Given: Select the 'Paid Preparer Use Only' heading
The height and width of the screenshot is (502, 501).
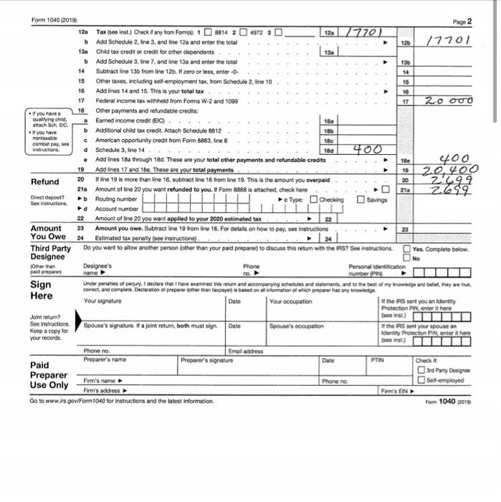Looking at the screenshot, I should pyautogui.click(x=48, y=374).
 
